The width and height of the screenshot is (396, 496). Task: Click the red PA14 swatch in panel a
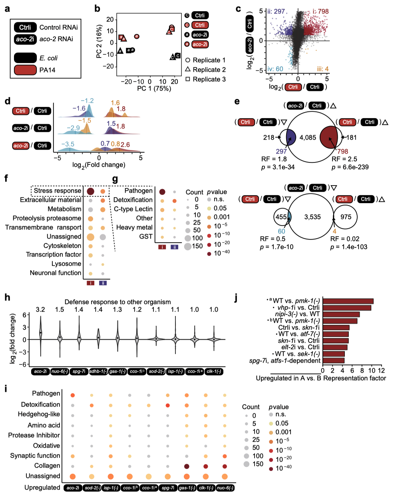pyautogui.click(x=26, y=70)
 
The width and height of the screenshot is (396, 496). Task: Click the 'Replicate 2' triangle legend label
pyautogui.click(x=209, y=70)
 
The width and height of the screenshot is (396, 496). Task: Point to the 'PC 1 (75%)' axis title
pyautogui.click(x=154, y=89)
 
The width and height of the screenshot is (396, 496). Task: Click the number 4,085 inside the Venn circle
pyautogui.click(x=308, y=138)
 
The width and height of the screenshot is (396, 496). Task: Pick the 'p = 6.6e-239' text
pyautogui.click(x=350, y=167)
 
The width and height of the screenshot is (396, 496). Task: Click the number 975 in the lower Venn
pyautogui.click(x=346, y=217)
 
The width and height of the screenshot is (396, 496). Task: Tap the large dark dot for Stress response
pyautogui.click(x=91, y=192)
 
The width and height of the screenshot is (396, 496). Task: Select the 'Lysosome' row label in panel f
pyautogui.click(x=66, y=264)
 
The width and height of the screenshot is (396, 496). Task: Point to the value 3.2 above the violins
pyautogui.click(x=40, y=310)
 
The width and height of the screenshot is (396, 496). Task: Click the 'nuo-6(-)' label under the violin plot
pyautogui.click(x=60, y=372)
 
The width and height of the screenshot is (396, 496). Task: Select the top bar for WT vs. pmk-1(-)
pyautogui.click(x=348, y=301)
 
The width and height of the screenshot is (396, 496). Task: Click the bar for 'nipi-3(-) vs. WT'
pyautogui.click(x=341, y=314)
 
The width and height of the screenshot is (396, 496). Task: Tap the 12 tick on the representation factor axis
pyautogui.click(x=381, y=371)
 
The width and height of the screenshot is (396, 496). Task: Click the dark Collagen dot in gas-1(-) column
pyautogui.click(x=186, y=466)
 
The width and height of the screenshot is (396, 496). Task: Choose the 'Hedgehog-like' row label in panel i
pyautogui.click(x=39, y=414)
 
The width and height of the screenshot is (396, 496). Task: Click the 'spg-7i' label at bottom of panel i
pyautogui.click(x=167, y=488)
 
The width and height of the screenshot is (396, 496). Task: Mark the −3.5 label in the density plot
pyautogui.click(x=68, y=144)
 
